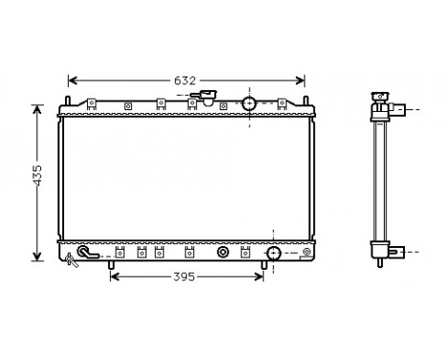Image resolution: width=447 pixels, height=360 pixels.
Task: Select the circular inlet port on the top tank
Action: coord(249,103)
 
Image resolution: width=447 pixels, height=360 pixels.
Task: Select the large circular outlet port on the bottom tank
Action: coord(273,253)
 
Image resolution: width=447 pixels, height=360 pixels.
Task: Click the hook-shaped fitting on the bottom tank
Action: coord(87,253)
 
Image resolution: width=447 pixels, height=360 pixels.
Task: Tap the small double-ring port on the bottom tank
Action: coord(223,253)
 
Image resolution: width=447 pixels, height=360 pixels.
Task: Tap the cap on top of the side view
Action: coord(379,95)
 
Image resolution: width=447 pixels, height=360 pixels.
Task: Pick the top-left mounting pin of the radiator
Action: coord(69,101)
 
